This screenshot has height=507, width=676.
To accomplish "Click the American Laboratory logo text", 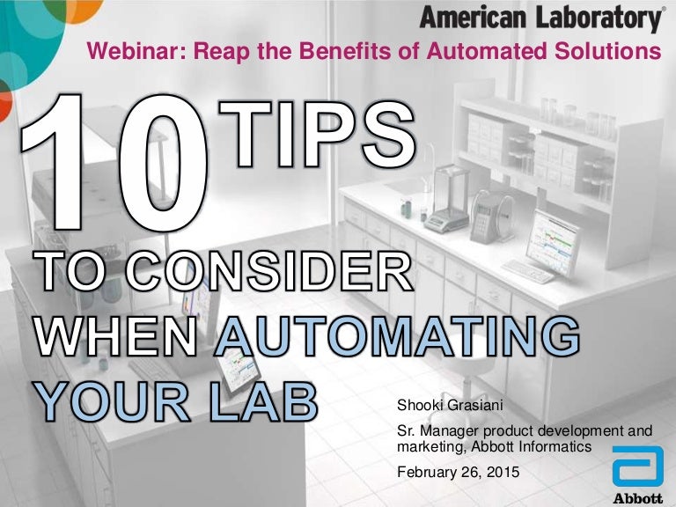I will point(540,18).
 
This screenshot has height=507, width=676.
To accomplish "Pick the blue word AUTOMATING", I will point(397,337).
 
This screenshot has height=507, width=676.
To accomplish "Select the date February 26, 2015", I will point(459,472).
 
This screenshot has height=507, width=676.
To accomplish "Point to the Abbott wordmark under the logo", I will point(637,497).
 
